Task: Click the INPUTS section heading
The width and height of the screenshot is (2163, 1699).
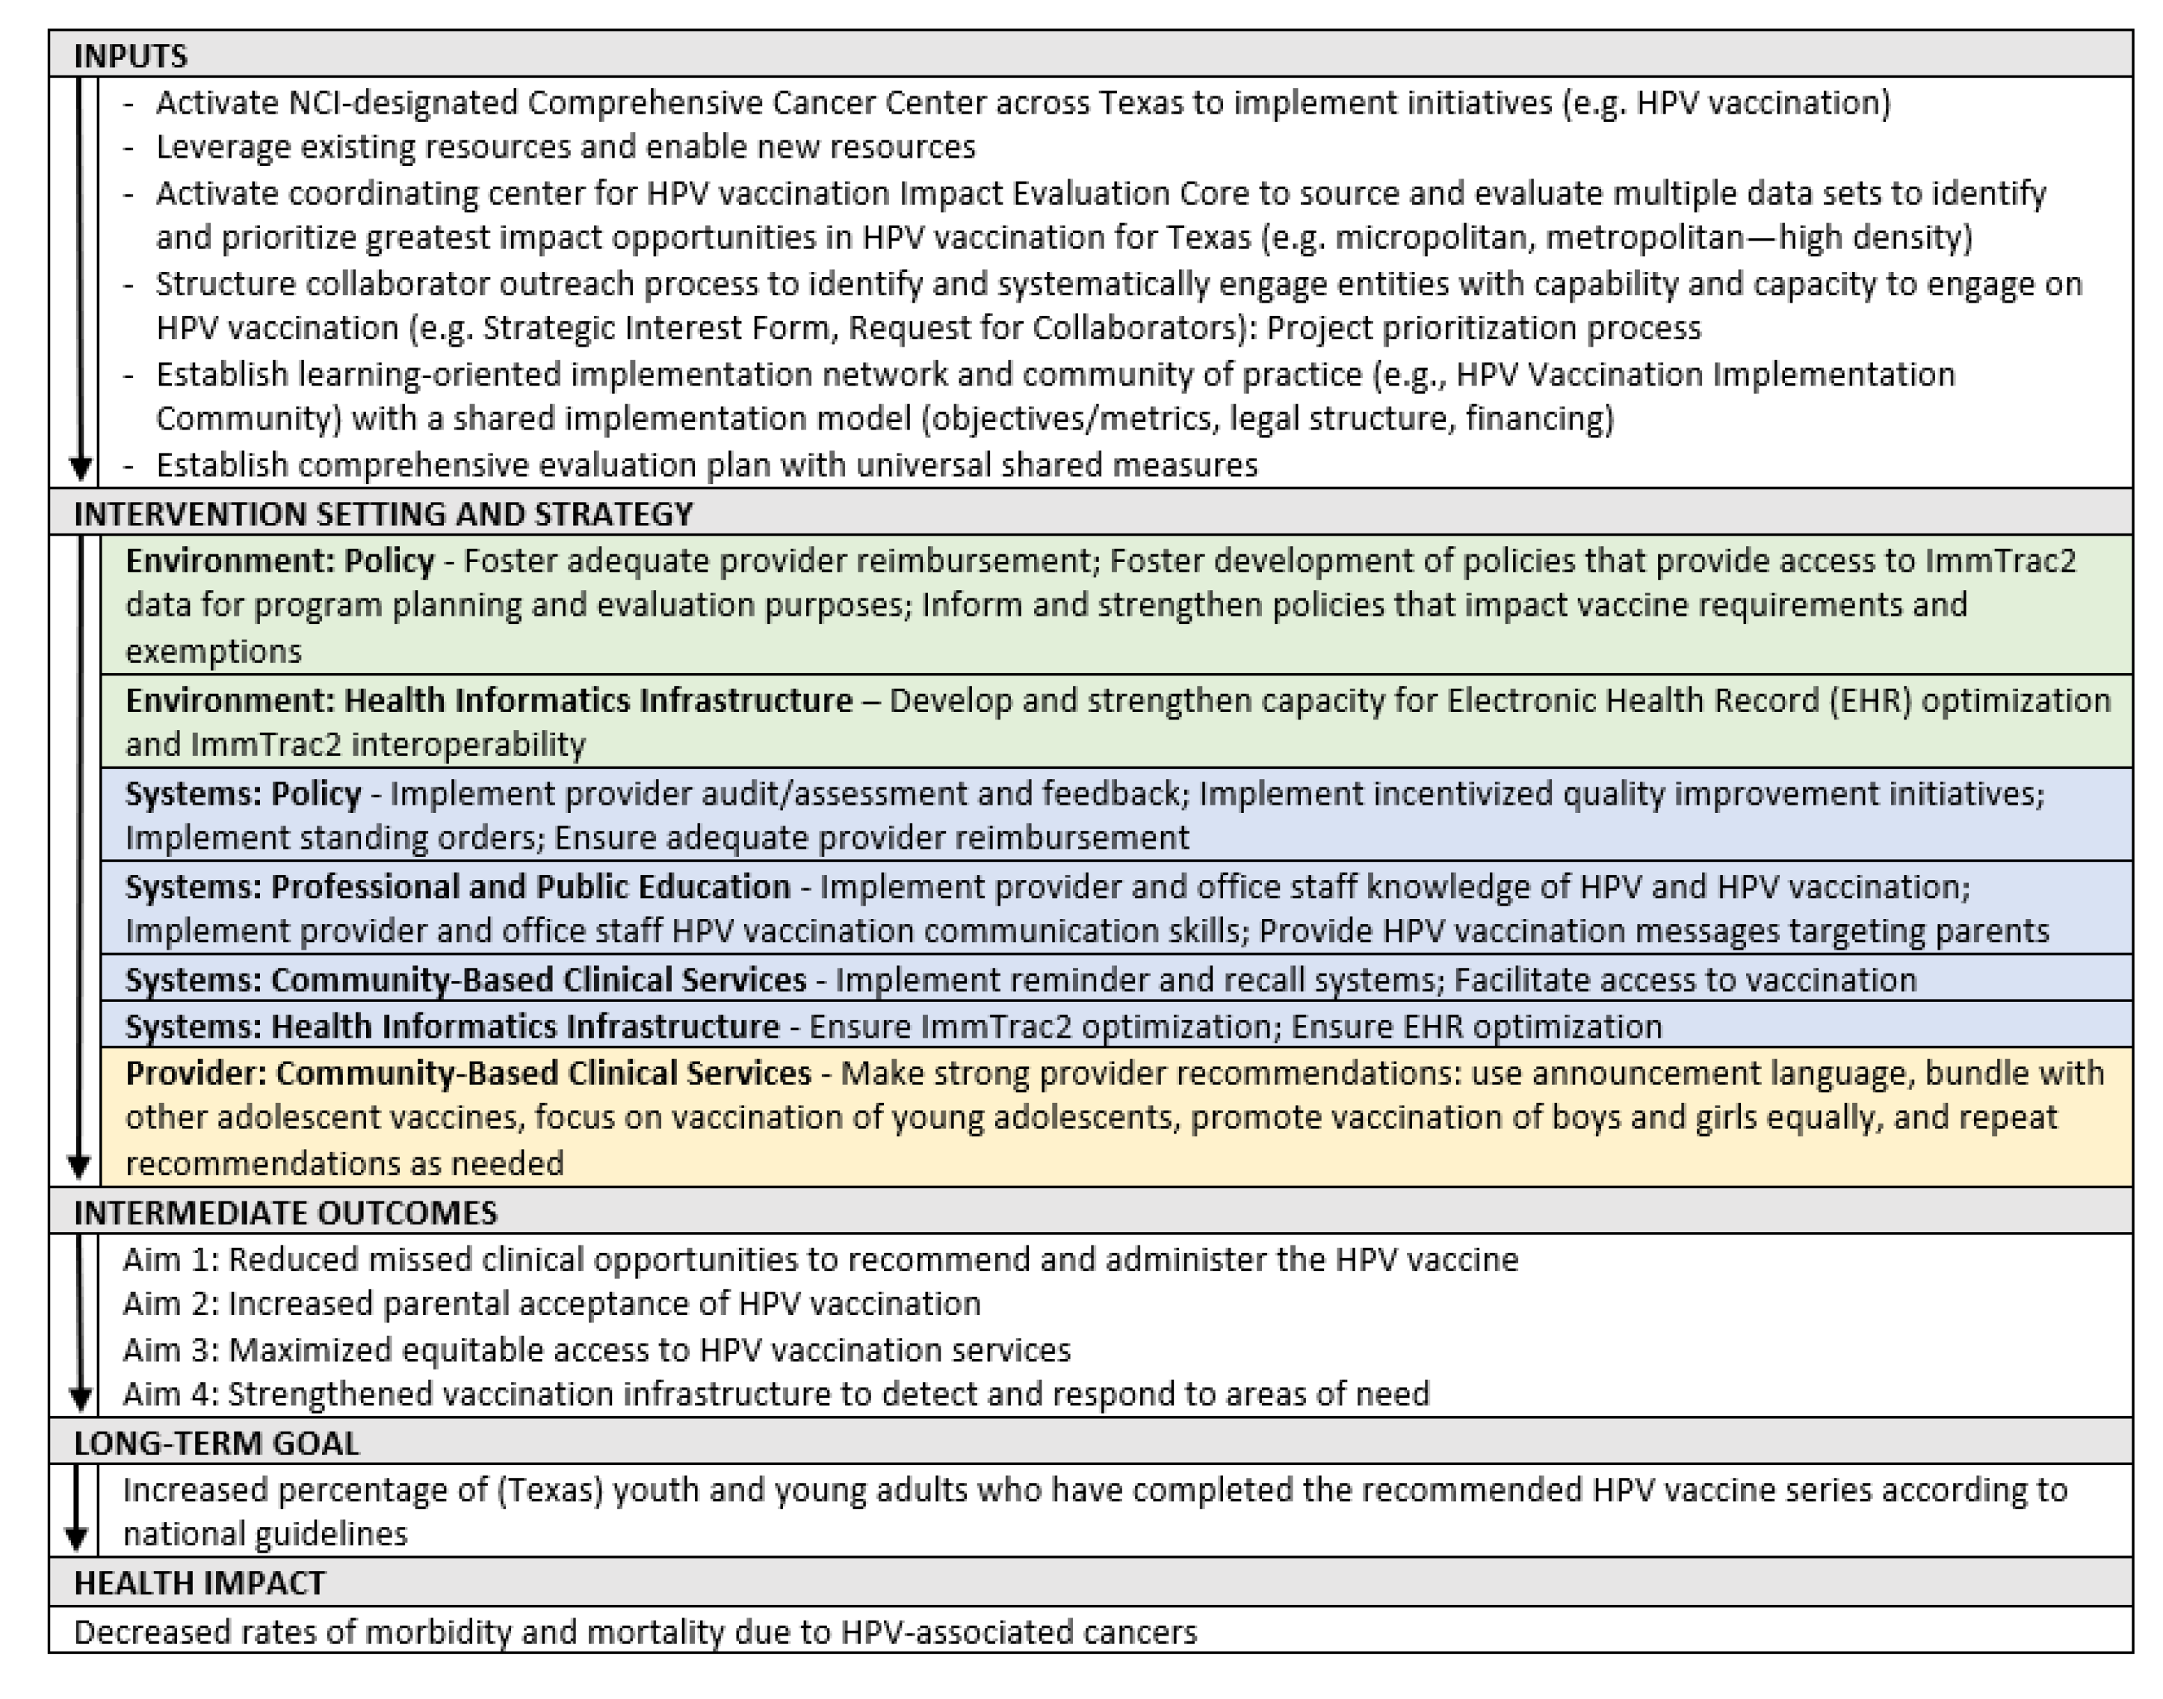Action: point(130,56)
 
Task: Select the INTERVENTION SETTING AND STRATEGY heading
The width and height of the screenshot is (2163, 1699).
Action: point(383,514)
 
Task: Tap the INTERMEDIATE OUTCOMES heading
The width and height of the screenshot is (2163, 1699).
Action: point(285,1213)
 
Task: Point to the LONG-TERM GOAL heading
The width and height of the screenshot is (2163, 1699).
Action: point(216,1443)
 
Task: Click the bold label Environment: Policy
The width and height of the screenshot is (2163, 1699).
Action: point(279,561)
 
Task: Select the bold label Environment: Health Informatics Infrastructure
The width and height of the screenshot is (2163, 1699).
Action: point(489,700)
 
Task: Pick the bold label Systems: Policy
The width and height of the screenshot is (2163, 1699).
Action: point(243,793)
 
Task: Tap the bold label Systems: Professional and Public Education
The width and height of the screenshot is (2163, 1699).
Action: point(457,886)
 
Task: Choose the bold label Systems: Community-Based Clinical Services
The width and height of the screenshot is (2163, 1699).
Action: point(465,980)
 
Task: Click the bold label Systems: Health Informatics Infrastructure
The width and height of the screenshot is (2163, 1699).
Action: point(453,1027)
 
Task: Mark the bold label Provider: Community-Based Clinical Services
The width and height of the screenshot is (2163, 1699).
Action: point(468,1074)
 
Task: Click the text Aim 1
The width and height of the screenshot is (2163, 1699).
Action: point(170,1260)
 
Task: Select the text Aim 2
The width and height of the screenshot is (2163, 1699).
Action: point(170,1304)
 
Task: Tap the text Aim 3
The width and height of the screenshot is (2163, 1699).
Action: point(170,1350)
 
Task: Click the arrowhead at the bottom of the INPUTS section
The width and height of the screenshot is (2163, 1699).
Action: point(81,468)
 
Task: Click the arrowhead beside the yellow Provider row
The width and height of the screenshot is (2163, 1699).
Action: point(79,1166)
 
